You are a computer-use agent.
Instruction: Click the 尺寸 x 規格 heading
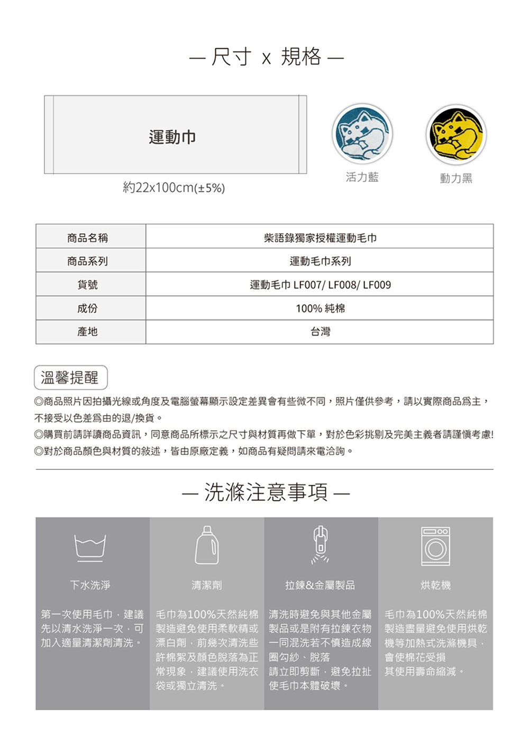click(x=267, y=57)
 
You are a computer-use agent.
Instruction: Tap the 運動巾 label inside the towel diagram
click(x=172, y=137)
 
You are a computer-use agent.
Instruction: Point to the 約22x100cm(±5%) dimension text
click(x=174, y=187)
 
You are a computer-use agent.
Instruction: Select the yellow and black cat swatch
click(x=456, y=134)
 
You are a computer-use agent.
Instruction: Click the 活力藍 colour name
click(x=362, y=177)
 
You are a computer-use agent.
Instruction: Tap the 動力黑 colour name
click(x=456, y=178)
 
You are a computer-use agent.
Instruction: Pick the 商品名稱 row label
click(x=88, y=238)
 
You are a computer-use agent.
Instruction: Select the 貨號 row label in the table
click(x=88, y=285)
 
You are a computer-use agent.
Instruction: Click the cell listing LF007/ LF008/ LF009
click(x=320, y=285)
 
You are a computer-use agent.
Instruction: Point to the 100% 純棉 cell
click(x=320, y=308)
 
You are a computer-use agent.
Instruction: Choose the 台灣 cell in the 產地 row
click(x=320, y=332)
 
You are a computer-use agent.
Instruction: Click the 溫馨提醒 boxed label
click(x=70, y=377)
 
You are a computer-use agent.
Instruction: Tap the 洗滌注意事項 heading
click(x=266, y=492)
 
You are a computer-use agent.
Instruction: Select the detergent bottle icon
click(x=206, y=545)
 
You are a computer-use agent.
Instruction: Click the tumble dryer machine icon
click(x=435, y=546)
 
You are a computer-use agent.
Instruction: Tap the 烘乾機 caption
click(x=435, y=585)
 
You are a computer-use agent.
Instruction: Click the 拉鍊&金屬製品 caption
click(x=320, y=585)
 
